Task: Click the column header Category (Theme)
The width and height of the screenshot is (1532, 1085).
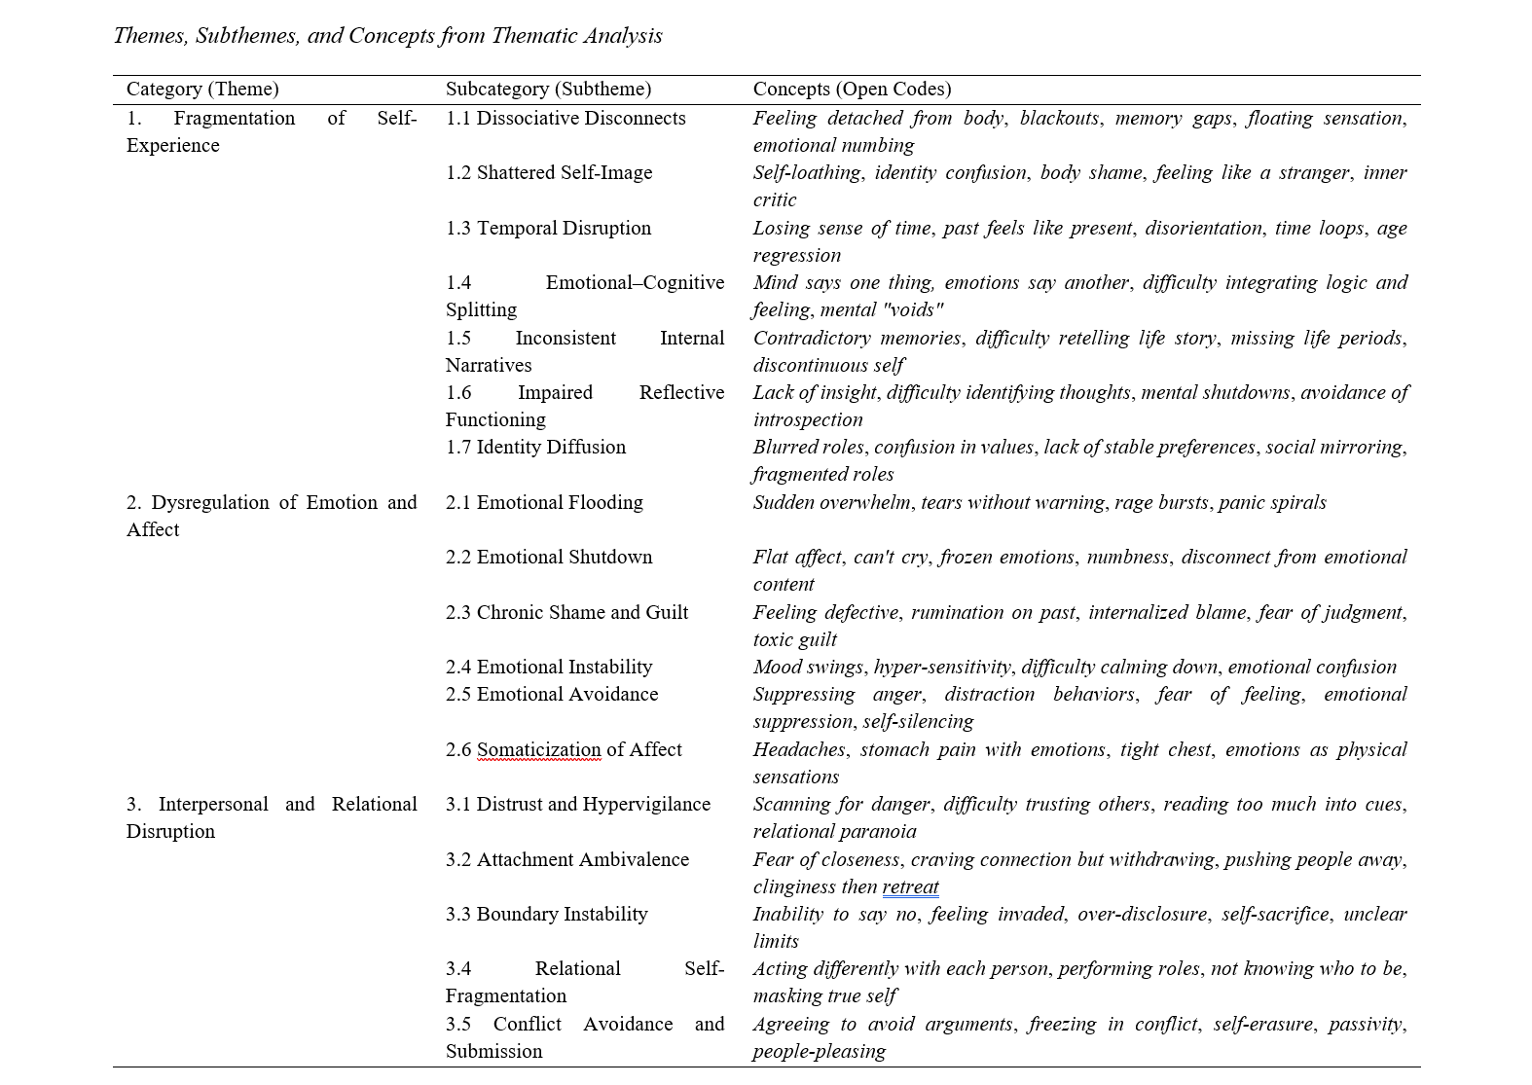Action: [x=202, y=90]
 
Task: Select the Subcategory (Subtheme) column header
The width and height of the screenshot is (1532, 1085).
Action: [x=548, y=90]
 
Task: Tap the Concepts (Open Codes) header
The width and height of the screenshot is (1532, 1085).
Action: [x=852, y=90]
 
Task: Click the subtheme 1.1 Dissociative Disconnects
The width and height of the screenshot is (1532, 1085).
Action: [x=565, y=119]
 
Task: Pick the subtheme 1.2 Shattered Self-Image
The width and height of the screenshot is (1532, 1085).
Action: [x=549, y=173]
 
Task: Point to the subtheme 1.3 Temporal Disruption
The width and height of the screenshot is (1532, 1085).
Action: [x=548, y=229]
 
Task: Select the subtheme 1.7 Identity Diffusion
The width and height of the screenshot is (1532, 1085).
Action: [x=535, y=448]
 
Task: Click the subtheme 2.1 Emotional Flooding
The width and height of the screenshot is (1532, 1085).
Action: [x=544, y=503]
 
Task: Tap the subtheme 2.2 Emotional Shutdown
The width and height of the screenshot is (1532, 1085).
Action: [x=549, y=558]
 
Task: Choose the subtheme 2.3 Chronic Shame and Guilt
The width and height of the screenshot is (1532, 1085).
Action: [x=566, y=613]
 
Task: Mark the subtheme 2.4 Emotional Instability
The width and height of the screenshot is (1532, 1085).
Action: [x=549, y=668]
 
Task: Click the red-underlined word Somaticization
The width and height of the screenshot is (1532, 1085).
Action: [x=538, y=750]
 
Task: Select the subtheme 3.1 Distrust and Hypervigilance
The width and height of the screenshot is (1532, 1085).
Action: [x=578, y=805]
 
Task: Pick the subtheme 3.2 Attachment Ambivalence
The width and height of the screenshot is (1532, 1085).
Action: [x=567, y=860]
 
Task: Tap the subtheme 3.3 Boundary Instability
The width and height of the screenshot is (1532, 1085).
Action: [x=547, y=915]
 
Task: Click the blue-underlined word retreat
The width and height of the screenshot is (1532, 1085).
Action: [x=911, y=887]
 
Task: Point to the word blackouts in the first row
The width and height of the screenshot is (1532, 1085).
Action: [x=1060, y=119]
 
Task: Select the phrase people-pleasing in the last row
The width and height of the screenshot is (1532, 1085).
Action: [x=820, y=1052]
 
